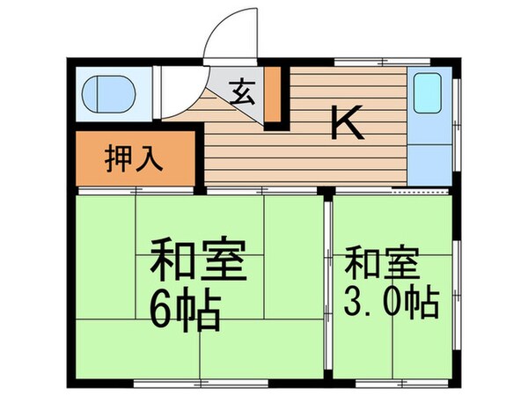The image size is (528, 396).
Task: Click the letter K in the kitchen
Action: click(347, 124)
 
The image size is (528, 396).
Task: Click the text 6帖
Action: click(186, 310)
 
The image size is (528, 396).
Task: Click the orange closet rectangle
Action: click(133, 161)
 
